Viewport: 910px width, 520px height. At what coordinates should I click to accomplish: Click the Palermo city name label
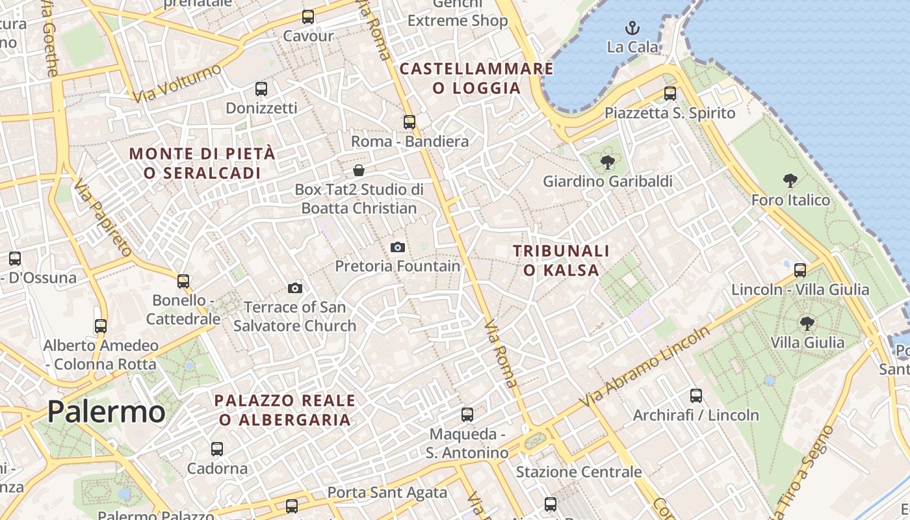(x=106, y=411)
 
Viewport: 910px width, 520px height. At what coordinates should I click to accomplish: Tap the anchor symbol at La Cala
(x=632, y=28)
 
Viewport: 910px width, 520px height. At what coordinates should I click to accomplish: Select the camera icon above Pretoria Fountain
(x=397, y=247)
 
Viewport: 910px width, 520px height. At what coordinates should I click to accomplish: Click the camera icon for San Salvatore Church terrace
(x=294, y=288)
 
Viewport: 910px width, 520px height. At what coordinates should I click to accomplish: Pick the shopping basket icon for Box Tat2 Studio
(x=358, y=170)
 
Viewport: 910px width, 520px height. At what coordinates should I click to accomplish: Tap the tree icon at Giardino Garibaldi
(x=607, y=162)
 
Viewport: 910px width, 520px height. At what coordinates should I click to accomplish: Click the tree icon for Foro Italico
(x=790, y=181)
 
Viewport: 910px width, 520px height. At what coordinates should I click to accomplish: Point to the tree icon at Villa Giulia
(x=807, y=323)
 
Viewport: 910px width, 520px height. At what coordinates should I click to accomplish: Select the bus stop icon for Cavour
(x=307, y=17)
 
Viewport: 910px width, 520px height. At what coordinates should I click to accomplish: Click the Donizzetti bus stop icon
(x=261, y=88)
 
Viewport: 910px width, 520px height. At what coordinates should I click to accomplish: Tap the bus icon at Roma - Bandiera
(x=409, y=122)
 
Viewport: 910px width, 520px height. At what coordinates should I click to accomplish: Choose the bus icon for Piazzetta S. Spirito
(x=669, y=94)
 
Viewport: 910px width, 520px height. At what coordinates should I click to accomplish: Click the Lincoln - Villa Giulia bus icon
(x=800, y=270)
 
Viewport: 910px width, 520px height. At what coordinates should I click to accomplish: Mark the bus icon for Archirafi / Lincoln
(x=695, y=395)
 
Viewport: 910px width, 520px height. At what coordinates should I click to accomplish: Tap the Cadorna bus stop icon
(x=216, y=448)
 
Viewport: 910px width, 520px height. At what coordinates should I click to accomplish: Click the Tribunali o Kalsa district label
(x=561, y=260)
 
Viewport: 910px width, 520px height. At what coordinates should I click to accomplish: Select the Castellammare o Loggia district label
(x=476, y=78)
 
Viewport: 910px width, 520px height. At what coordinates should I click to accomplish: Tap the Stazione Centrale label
(x=578, y=472)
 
